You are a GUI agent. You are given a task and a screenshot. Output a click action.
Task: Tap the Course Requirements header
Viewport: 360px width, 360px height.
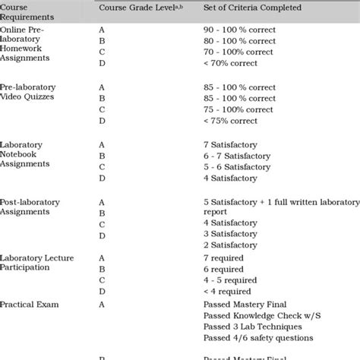click(x=30, y=13)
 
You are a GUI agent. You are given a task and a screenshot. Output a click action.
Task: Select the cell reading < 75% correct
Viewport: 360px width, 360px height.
click(x=229, y=121)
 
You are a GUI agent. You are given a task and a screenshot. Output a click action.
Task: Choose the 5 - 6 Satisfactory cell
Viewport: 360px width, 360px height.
click(x=237, y=167)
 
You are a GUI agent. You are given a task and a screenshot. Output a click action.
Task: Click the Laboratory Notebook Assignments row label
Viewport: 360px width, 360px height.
click(x=27, y=155)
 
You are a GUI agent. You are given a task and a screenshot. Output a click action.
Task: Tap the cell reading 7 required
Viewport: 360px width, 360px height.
click(x=224, y=258)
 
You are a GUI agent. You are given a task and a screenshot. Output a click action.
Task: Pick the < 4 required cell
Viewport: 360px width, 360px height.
click(x=228, y=292)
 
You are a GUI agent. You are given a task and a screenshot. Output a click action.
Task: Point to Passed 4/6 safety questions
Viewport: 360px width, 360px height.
click(x=258, y=338)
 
